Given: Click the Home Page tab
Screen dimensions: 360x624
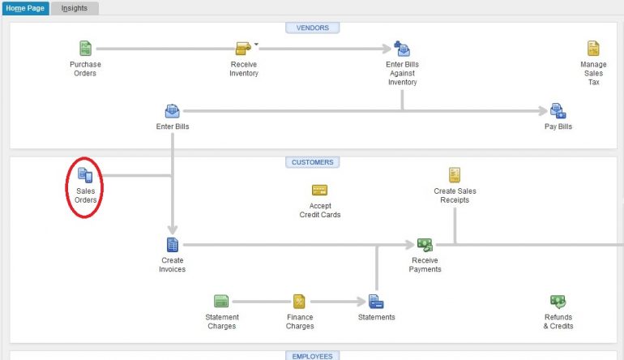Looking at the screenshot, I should pyautogui.click(x=24, y=8).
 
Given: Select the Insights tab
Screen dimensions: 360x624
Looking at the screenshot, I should pyautogui.click(x=75, y=8).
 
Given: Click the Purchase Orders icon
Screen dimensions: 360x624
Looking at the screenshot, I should pyautogui.click(x=85, y=49).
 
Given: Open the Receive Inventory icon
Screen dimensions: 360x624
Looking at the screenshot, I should pyautogui.click(x=243, y=49).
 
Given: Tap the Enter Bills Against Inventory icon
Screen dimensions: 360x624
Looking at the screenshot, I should pyautogui.click(x=402, y=49).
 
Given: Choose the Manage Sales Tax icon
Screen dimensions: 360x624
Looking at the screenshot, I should pyautogui.click(x=593, y=49).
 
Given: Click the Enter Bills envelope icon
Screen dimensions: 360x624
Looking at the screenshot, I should pyautogui.click(x=172, y=111).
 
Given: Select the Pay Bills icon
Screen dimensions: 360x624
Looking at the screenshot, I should pyautogui.click(x=558, y=111).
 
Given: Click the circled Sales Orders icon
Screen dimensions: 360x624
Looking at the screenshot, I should pyautogui.click(x=85, y=174).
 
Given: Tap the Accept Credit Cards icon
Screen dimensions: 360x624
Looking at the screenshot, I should pyautogui.click(x=319, y=191).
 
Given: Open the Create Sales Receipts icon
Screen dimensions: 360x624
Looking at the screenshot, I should pyautogui.click(x=455, y=174).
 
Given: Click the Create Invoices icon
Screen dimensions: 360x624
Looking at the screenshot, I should pyautogui.click(x=172, y=244).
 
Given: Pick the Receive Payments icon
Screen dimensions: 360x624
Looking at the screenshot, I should pyautogui.click(x=425, y=244).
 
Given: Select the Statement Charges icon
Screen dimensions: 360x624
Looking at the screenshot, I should pyautogui.click(x=221, y=302).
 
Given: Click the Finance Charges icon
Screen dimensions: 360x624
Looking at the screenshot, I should pyautogui.click(x=299, y=302).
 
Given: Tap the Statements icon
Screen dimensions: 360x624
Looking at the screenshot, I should pyautogui.click(x=376, y=302).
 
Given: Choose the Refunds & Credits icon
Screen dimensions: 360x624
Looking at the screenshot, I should pyautogui.click(x=558, y=302).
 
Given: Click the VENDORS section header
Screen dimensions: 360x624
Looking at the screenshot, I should pyautogui.click(x=313, y=28).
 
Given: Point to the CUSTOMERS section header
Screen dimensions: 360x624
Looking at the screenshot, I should pyautogui.click(x=313, y=162).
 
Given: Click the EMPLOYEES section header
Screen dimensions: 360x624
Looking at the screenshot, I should pyautogui.click(x=313, y=355).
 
